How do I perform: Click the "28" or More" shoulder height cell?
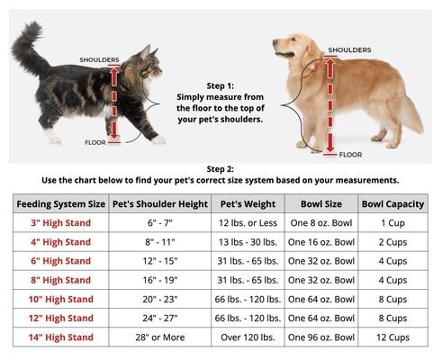click(158, 337)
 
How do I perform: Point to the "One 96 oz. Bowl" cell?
click(321, 337)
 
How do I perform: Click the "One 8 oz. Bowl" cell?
click(321, 222)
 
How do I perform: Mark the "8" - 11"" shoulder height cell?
click(158, 242)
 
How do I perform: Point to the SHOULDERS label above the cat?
click(99, 60)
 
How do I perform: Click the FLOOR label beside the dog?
click(349, 154)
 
